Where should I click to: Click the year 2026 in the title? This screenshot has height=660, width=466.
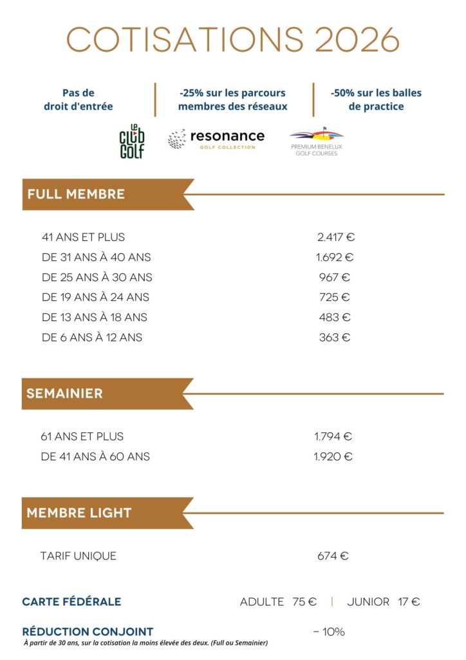(357, 41)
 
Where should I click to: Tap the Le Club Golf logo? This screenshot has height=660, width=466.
(132, 141)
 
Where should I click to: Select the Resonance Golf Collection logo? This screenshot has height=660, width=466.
(216, 139)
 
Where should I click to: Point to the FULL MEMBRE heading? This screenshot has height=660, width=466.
(76, 194)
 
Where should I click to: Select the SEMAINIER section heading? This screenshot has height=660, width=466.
(64, 393)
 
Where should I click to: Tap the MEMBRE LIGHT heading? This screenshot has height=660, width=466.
(79, 513)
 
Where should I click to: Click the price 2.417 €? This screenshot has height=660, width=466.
(336, 237)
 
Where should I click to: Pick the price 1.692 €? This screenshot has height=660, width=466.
(335, 257)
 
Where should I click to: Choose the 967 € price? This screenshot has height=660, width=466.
(335, 277)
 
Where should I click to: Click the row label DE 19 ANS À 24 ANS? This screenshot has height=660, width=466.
(95, 297)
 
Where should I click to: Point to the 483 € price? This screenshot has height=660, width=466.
(335, 317)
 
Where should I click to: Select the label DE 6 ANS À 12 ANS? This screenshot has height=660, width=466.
(92, 337)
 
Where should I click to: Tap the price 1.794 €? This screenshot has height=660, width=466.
(333, 436)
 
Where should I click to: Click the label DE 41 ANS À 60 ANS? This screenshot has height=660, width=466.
(95, 456)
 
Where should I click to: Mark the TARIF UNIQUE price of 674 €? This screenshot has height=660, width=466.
(333, 556)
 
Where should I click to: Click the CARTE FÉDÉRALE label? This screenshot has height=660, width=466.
(71, 602)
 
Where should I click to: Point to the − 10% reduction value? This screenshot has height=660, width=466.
(329, 632)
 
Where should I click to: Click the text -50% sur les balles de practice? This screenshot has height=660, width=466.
(376, 99)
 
